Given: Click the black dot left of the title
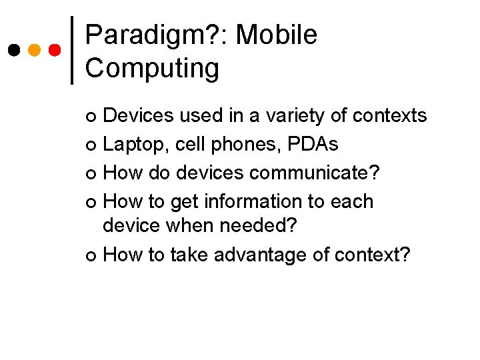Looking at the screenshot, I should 14,51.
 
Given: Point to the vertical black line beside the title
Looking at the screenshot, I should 72,51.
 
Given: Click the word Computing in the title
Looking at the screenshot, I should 152,69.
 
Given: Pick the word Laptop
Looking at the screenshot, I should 136,145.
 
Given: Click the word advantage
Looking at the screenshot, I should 271,255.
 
